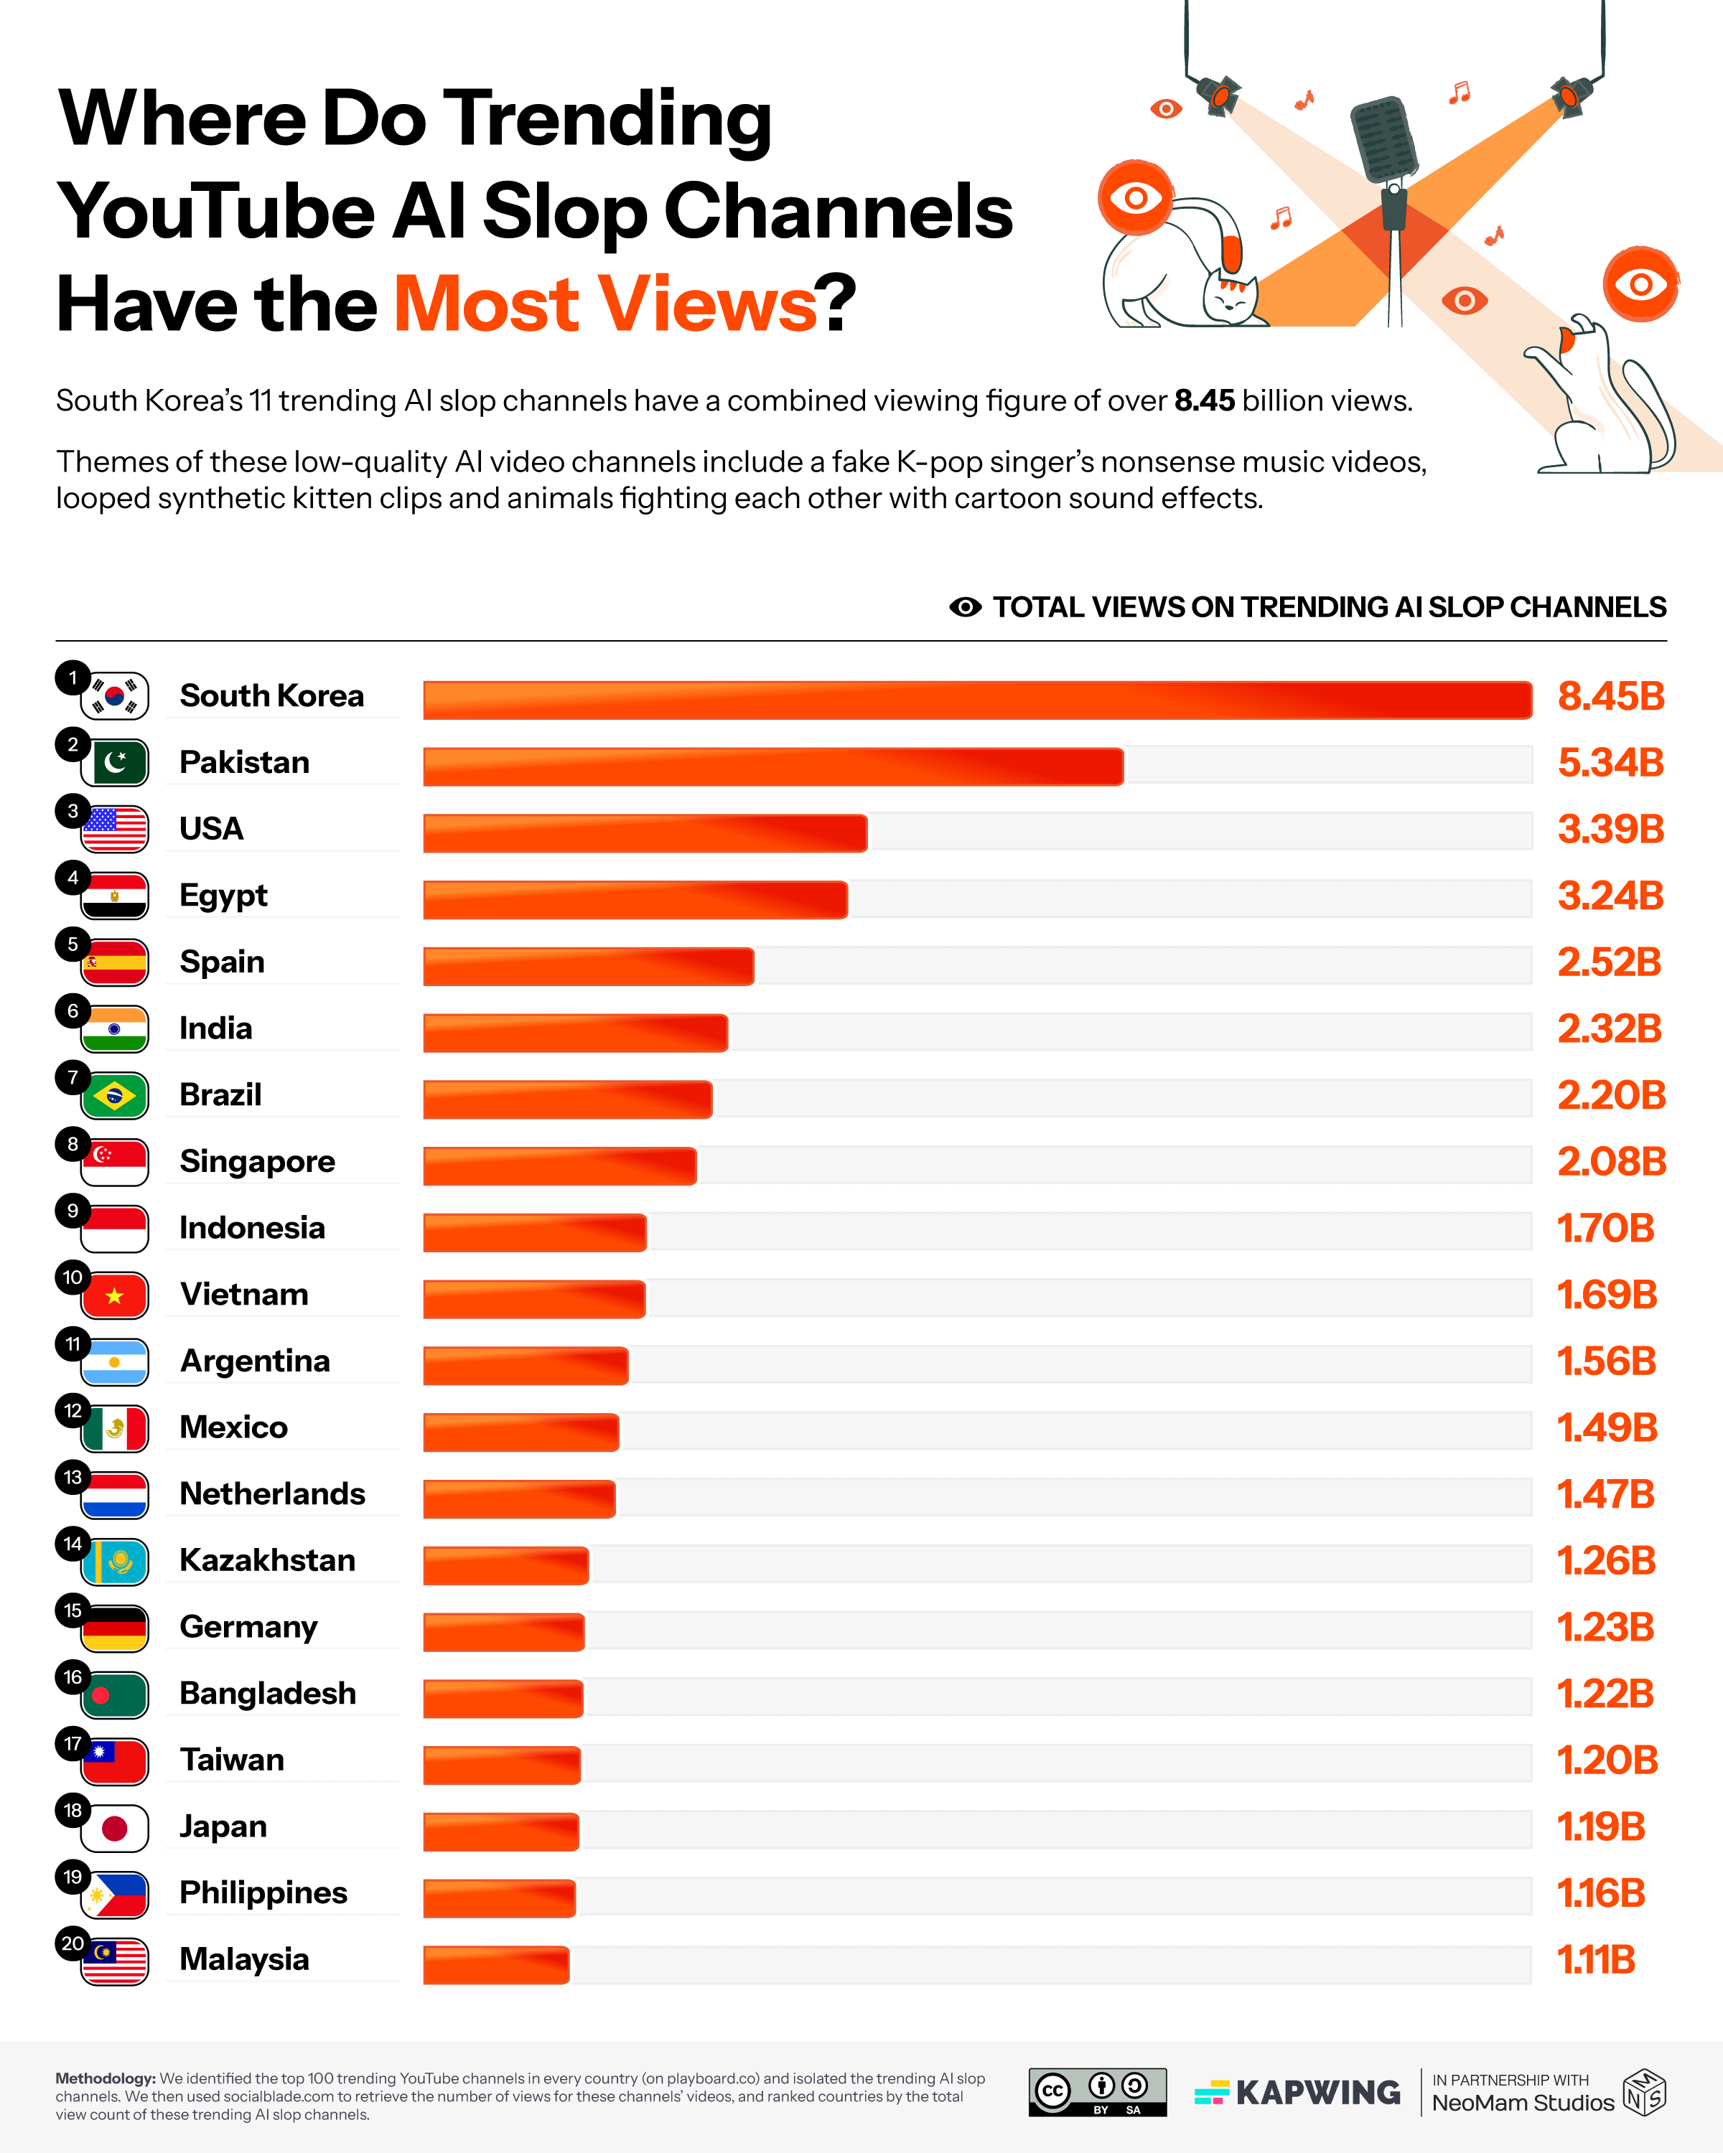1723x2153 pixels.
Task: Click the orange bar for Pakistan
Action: click(773, 766)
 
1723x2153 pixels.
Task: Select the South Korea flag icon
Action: click(115, 696)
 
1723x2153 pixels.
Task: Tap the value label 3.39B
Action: click(1610, 829)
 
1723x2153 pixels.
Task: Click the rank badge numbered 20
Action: click(72, 1943)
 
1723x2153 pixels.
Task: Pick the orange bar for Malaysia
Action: click(496, 1964)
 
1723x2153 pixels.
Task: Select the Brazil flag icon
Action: click(115, 1095)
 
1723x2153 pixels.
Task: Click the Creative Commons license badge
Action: click(1097, 2092)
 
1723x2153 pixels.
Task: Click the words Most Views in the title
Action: click(605, 304)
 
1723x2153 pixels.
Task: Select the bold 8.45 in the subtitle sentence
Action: click(1205, 400)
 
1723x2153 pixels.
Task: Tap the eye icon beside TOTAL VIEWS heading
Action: click(965, 607)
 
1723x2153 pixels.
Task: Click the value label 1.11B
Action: click(1596, 1960)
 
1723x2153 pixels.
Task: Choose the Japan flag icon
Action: click(115, 1827)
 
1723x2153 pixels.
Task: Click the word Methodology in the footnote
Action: click(104, 2078)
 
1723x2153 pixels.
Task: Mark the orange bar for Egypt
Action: click(635, 899)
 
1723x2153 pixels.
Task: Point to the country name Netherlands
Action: click(271, 1494)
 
